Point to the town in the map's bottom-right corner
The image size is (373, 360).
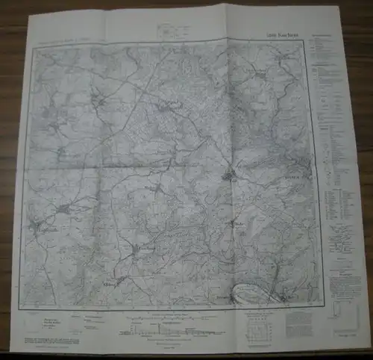pos(290,300)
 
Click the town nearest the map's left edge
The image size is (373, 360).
pos(37,224)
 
